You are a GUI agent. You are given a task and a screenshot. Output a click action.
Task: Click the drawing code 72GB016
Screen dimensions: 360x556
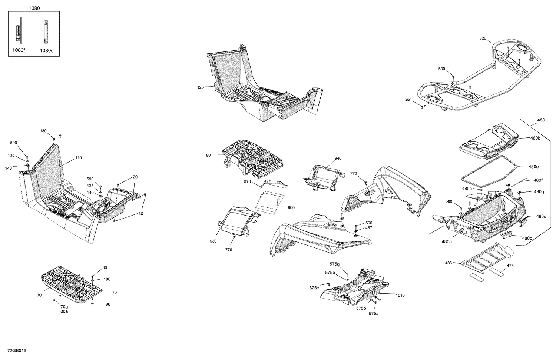[14, 350]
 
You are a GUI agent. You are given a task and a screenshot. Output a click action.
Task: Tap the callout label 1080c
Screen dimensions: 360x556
[46, 50]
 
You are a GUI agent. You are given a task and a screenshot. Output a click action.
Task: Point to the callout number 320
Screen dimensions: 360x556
[483, 38]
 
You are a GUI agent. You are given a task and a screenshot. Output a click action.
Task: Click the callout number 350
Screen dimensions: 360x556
[408, 100]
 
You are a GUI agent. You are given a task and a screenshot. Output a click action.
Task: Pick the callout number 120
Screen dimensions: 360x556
[201, 87]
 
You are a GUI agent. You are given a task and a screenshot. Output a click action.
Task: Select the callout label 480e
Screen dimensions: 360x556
[534, 167]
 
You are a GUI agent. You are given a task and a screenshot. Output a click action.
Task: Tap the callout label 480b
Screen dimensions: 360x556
[535, 138]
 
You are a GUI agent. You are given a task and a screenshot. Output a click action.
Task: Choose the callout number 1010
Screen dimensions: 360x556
[400, 295]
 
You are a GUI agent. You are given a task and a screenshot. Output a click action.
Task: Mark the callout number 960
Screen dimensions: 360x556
[291, 207]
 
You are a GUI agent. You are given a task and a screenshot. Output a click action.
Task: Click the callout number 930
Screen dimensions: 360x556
[213, 241]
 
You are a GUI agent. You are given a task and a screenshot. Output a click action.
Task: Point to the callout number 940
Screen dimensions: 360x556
[338, 158]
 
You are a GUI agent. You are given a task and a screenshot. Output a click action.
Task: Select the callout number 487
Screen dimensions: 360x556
[368, 228]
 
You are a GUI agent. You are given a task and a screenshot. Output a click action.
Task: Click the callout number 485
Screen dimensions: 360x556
[449, 263]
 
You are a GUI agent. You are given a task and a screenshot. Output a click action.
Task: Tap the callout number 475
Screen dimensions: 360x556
[510, 266]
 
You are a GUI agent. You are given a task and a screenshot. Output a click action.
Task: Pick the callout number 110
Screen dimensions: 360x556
[78, 158]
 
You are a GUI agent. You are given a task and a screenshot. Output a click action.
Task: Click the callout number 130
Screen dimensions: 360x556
[43, 131]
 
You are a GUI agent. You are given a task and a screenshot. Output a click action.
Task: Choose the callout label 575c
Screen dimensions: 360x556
[314, 288]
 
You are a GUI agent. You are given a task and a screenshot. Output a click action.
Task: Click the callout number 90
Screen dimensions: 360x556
[108, 304]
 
